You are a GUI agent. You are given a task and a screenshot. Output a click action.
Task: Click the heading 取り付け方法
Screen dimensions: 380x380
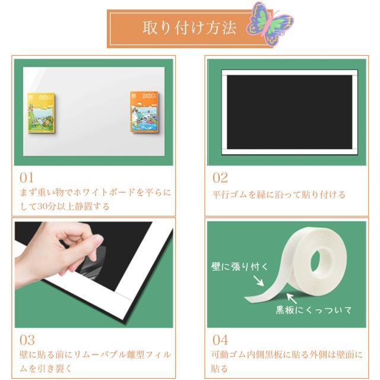click(189, 28)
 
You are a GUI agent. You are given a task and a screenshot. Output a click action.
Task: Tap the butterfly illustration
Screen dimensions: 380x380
click(270, 24)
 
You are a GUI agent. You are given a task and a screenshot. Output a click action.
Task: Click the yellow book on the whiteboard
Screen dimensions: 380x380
click(42, 113)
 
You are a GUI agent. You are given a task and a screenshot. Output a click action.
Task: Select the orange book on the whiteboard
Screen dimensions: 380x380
click(145, 112)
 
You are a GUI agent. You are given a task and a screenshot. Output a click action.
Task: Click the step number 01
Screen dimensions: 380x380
click(27, 178)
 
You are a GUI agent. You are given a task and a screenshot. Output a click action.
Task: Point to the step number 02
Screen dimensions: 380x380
click(220, 178)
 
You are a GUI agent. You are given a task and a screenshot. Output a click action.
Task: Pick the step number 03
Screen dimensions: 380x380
click(27, 340)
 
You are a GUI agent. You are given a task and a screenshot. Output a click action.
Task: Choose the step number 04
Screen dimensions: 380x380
click(220, 340)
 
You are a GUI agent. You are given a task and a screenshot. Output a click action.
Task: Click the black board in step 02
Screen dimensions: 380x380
click(289, 112)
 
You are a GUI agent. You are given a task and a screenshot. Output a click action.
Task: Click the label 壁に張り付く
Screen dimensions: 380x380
click(240, 267)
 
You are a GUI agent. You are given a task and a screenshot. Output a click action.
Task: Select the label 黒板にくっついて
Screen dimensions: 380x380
click(313, 310)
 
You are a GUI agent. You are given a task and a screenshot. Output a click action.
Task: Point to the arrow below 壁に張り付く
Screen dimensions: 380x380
click(258, 280)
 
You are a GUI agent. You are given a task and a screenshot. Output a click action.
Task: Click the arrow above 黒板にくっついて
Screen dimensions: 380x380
click(292, 298)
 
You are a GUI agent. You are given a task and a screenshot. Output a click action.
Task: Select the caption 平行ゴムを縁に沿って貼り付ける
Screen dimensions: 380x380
click(278, 195)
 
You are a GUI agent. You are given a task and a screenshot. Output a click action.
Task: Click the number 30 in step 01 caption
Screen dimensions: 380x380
click(42, 207)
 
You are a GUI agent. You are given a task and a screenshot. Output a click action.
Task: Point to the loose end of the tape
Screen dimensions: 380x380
click(248, 299)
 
